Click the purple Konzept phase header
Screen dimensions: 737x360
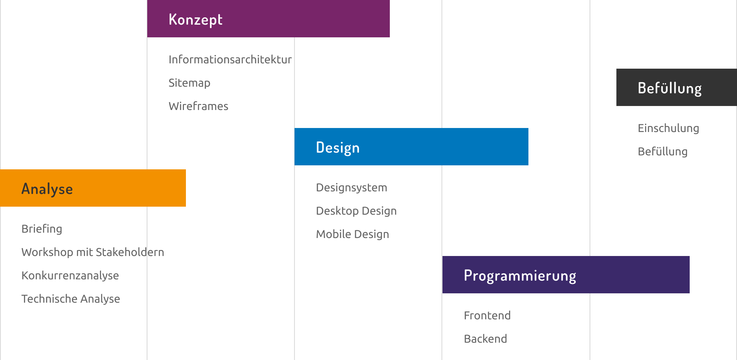tap(268, 19)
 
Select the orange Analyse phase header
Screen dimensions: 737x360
tap(93, 188)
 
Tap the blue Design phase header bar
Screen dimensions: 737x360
tap(411, 147)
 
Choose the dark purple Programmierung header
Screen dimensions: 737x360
tap(566, 275)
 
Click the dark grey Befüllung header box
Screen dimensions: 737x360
tap(677, 87)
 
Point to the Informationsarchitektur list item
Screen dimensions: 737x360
tap(230, 59)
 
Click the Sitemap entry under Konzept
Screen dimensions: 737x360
tap(189, 83)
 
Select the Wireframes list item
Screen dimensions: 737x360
tap(198, 106)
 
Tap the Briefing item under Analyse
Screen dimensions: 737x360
tap(42, 229)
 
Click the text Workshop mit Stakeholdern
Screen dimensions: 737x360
tap(93, 252)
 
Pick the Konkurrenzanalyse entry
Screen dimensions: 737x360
tap(70, 276)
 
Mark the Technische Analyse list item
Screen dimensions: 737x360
tap(71, 299)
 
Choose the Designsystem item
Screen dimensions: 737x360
tap(352, 188)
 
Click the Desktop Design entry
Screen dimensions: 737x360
tap(356, 211)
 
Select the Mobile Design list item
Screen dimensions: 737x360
tap(353, 234)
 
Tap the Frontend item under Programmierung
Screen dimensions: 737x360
tap(487, 315)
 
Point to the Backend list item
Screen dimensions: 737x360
tap(485, 339)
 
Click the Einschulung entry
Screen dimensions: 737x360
tap(668, 128)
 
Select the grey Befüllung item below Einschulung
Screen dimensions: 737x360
tap(663, 152)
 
